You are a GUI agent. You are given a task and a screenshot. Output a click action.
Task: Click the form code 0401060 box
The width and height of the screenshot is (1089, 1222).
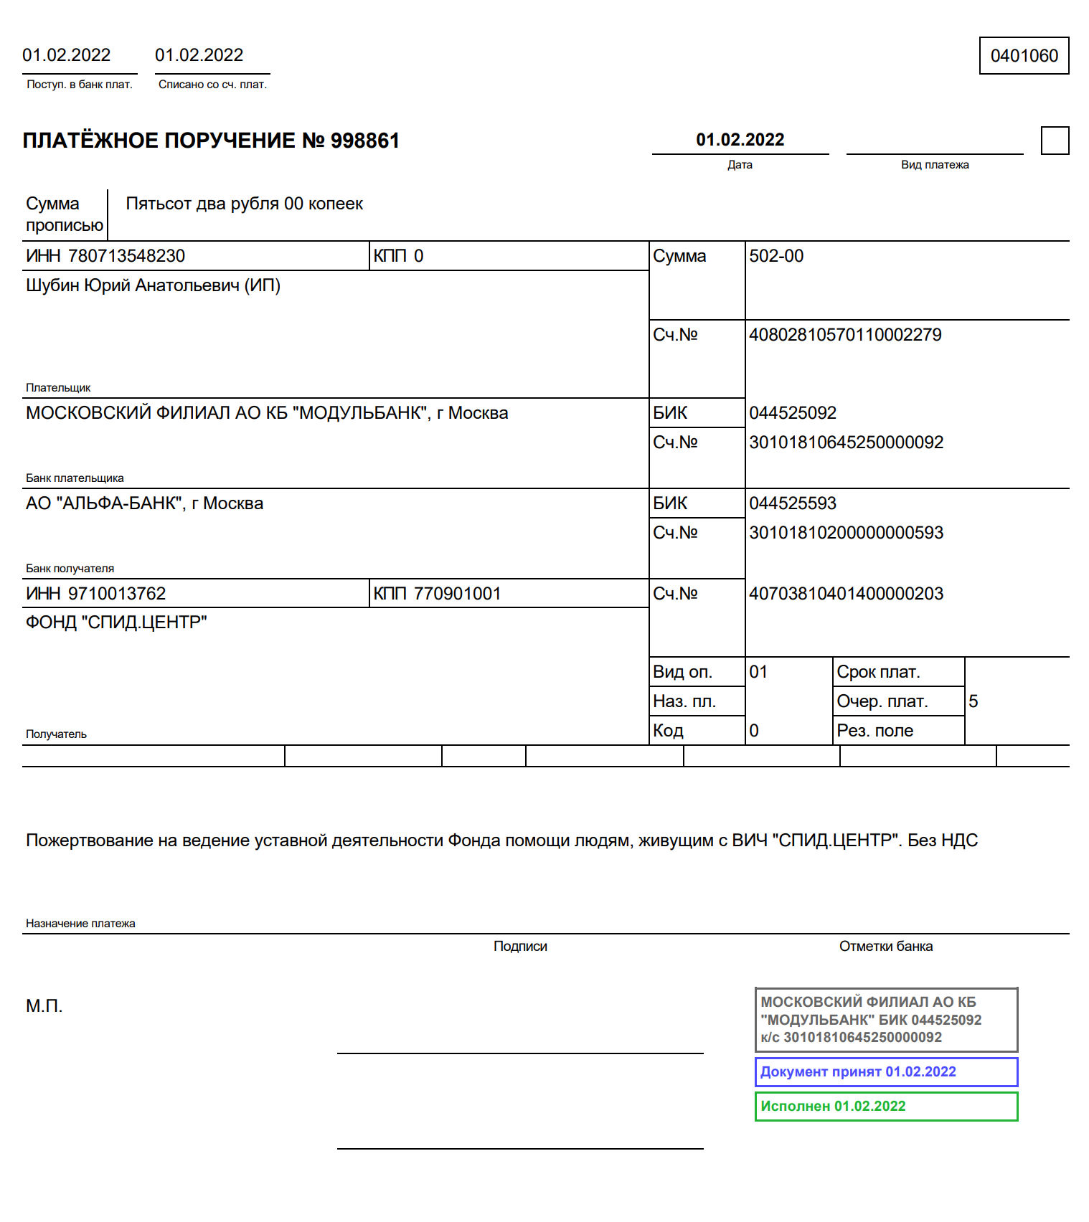[x=1024, y=56]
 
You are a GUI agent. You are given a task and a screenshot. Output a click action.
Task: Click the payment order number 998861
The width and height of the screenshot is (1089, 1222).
[x=364, y=141]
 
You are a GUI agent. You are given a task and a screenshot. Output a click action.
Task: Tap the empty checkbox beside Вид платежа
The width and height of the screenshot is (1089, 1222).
[x=1055, y=141]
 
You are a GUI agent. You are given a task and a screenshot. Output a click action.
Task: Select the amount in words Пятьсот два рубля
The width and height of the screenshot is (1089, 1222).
[x=244, y=204]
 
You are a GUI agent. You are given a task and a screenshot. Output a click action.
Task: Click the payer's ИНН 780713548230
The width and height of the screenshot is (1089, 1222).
[x=126, y=256]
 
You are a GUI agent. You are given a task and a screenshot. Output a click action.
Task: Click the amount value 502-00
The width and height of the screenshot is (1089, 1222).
[x=776, y=256]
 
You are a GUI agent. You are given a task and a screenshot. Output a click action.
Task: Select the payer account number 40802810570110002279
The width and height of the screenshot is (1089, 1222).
[x=845, y=335]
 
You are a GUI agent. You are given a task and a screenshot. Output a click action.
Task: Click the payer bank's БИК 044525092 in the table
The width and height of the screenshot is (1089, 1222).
[x=793, y=413]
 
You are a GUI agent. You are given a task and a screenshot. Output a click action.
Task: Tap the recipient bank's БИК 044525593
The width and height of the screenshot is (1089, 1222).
[x=793, y=503]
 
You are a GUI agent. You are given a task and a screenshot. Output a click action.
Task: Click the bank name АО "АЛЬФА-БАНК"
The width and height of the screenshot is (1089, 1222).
[x=144, y=503]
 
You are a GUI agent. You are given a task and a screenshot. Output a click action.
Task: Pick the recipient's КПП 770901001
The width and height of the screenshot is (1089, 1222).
[x=457, y=594]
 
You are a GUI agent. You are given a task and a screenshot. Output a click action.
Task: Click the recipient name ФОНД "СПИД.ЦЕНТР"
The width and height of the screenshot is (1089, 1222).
[x=116, y=622]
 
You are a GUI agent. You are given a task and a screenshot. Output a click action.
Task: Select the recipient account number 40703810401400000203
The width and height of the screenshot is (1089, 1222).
[x=846, y=594]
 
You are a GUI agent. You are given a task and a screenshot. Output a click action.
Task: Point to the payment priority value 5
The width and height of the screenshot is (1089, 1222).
[x=973, y=701]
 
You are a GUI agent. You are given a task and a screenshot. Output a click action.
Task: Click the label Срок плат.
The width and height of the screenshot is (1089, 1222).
[x=878, y=672]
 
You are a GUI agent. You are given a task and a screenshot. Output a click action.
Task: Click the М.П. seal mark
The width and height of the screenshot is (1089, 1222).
[x=44, y=1006]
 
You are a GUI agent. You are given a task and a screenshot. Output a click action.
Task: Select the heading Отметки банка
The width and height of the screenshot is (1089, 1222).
[x=886, y=947]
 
